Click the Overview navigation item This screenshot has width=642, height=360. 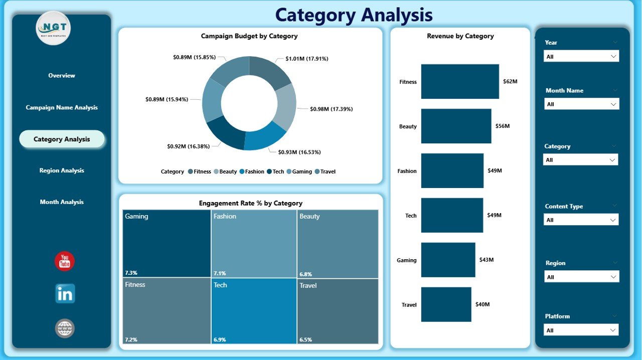click(62, 76)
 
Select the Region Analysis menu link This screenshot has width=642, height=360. click(62, 170)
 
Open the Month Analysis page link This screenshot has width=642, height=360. click(62, 202)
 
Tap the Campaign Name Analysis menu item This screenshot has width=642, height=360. click(62, 107)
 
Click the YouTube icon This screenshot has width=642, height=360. click(65, 261)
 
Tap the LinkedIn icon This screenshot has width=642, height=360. click(65, 294)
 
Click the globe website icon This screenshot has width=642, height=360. click(65, 328)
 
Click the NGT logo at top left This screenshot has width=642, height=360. click(54, 28)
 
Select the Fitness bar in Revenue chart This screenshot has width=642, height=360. click(460, 82)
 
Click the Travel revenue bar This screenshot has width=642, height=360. click(446, 304)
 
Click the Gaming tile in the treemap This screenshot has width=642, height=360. click(167, 244)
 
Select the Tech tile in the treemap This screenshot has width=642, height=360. click(254, 311)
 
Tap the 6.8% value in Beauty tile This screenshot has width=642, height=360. click(305, 274)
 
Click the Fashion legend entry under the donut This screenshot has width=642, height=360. click(251, 171)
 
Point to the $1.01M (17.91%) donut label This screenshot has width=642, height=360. click(306, 59)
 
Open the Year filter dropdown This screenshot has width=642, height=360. click(581, 57)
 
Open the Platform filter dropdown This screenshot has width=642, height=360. click(581, 330)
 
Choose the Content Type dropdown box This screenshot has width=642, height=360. click(581, 220)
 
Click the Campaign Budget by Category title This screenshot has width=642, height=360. click(249, 36)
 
